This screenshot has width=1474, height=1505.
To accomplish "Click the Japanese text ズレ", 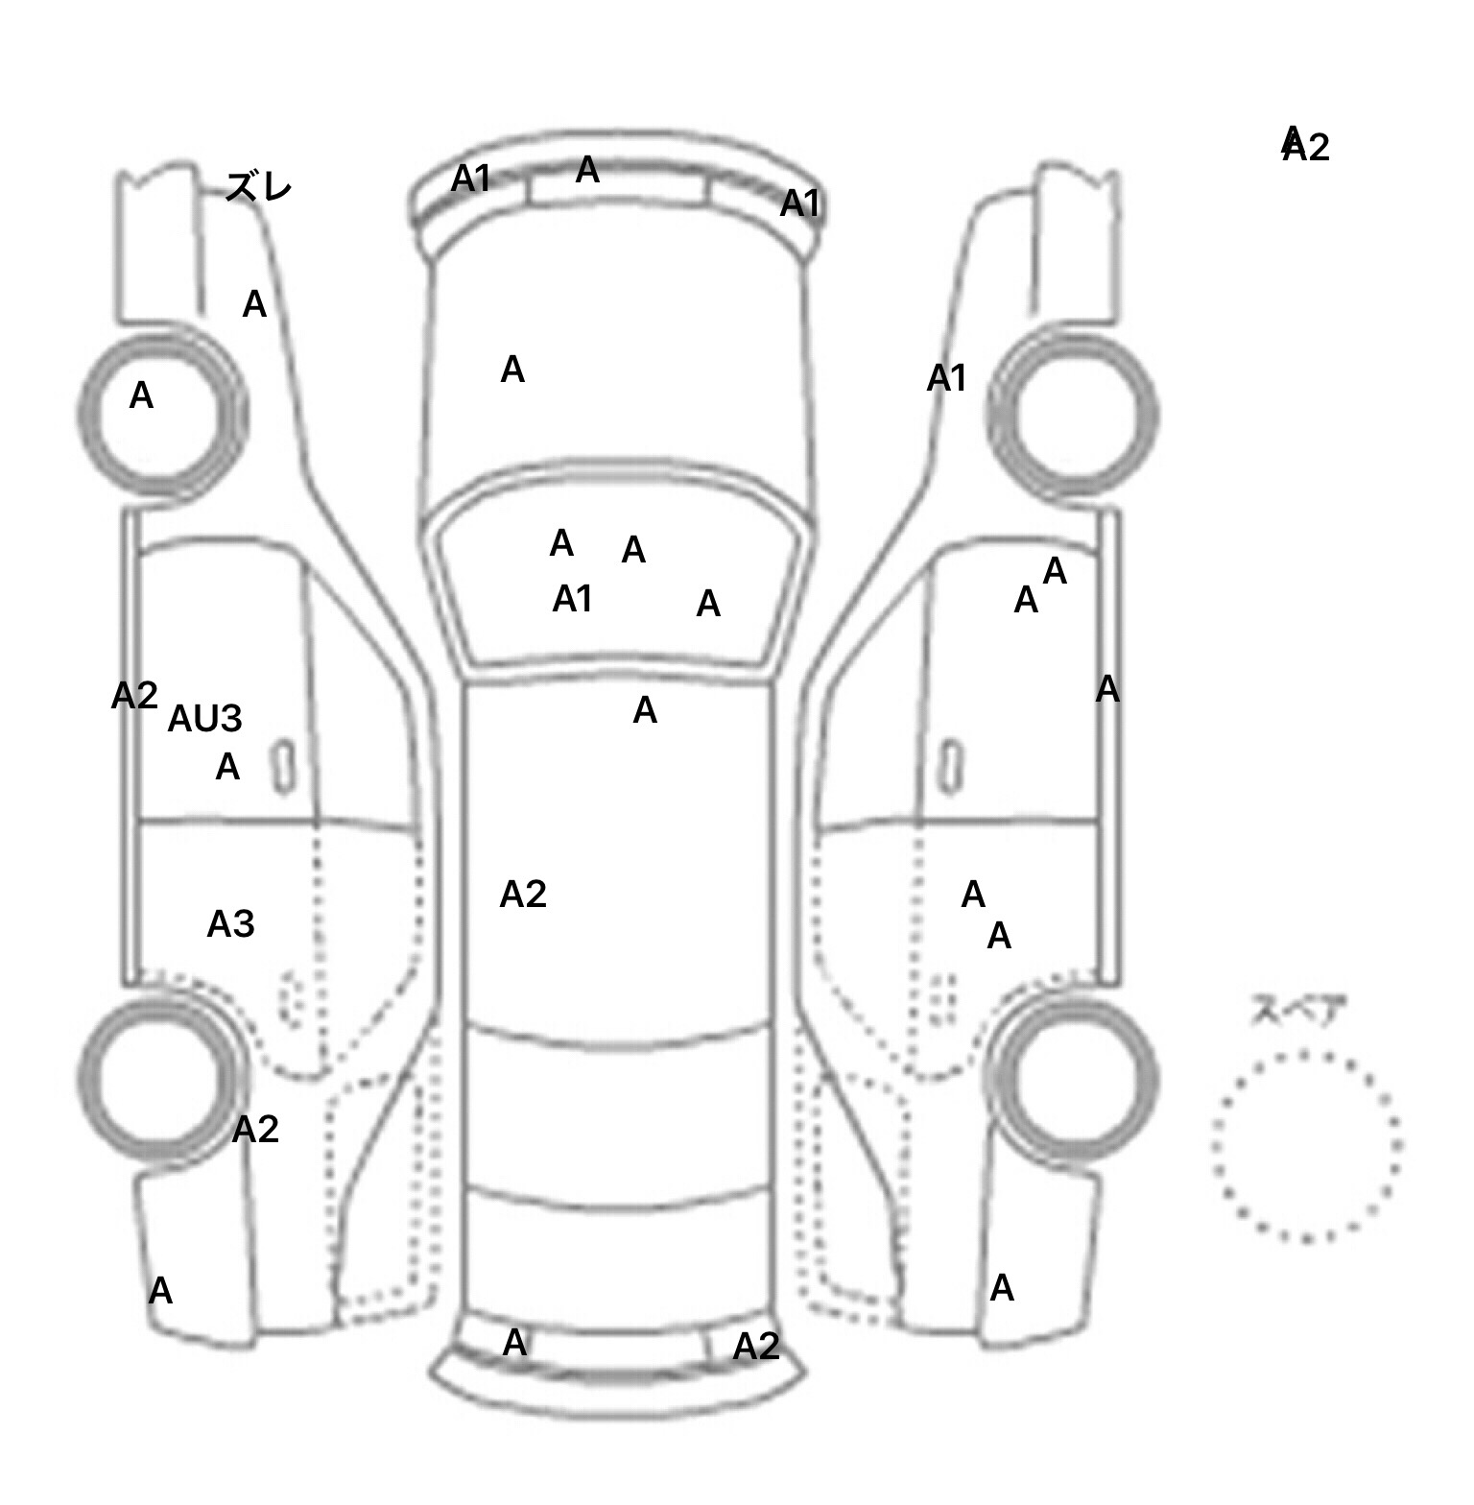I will [258, 186].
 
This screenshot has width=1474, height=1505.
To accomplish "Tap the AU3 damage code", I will [204, 719].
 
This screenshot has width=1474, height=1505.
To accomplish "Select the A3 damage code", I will [230, 924].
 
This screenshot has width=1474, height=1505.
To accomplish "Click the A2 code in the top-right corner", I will [1306, 146].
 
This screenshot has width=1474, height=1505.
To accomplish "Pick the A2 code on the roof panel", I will [523, 895].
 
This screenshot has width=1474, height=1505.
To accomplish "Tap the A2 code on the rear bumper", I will [756, 1347].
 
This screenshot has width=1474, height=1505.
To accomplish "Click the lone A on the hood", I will [512, 370].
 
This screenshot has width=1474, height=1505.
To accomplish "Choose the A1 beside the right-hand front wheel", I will [946, 379].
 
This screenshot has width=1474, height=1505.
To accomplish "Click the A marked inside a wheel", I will [141, 395].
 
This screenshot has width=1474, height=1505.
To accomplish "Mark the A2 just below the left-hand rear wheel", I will [255, 1130].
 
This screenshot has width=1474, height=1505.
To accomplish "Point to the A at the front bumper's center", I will [587, 171].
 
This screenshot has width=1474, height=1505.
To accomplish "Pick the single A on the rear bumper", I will [514, 1342].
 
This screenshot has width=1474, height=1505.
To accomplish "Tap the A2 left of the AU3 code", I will [134, 696].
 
